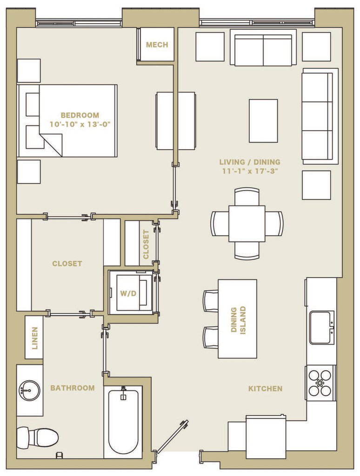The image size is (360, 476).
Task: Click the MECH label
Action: pyautogui.click(x=157, y=45)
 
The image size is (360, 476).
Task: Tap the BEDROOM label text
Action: pyautogui.click(x=80, y=115)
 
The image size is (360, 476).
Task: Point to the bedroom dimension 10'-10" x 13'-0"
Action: pyautogui.click(x=80, y=124)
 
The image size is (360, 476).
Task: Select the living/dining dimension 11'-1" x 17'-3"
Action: pyautogui.click(x=250, y=171)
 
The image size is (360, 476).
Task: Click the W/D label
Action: pyautogui.click(x=128, y=294)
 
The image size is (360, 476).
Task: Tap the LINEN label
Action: pyautogui.click(x=35, y=338)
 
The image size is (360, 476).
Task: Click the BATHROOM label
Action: pyautogui.click(x=72, y=388)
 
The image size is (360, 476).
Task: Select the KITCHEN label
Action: pyautogui.click(x=265, y=389)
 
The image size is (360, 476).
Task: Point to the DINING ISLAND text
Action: pyautogui.click(x=238, y=320)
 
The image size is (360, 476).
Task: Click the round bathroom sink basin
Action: pyautogui.click(x=29, y=390)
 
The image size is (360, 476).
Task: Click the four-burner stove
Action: pyautogui.click(x=320, y=383)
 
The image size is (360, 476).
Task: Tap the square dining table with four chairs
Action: pyautogui.click(x=247, y=224)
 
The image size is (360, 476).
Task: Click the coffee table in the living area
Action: pyautogui.click(x=263, y=120)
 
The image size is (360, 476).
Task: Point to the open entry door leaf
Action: pyautogui.click(x=171, y=436)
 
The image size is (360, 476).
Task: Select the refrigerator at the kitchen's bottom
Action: pyautogui.click(x=266, y=437)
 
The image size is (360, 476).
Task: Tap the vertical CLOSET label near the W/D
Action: pyautogui.click(x=146, y=245)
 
